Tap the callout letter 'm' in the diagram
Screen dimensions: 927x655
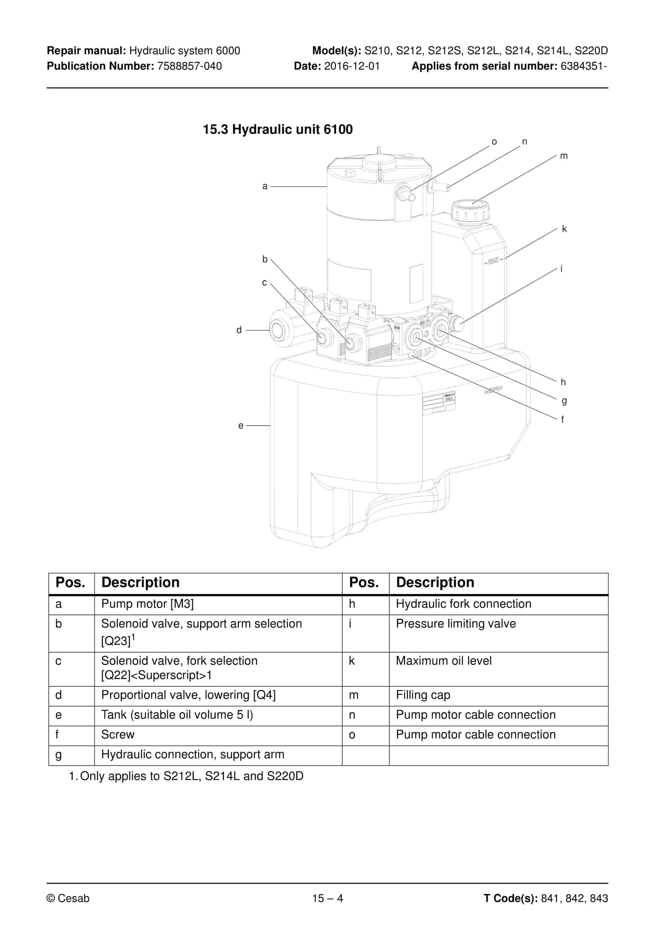(x=564, y=156)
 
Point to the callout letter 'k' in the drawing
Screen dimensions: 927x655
(x=564, y=229)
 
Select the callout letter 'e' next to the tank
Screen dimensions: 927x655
(x=241, y=426)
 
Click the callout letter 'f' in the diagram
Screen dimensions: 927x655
(x=562, y=419)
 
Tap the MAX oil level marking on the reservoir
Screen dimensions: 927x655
(x=493, y=261)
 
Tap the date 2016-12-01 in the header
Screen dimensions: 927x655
(x=352, y=66)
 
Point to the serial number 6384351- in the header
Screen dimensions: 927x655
(x=583, y=66)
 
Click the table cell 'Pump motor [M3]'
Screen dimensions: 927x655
(x=148, y=604)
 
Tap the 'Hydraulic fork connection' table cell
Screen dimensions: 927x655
(x=463, y=604)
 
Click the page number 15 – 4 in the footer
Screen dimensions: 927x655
(x=327, y=898)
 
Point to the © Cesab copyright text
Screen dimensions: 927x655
(x=68, y=898)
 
